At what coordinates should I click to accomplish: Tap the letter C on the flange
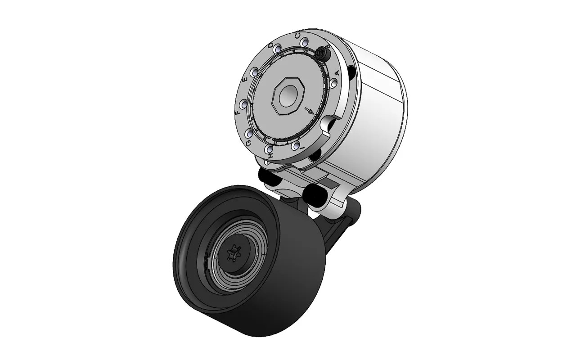click(298, 35)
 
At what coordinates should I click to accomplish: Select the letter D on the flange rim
click(271, 46)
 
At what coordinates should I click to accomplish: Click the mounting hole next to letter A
click(333, 84)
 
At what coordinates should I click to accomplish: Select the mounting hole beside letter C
click(305, 43)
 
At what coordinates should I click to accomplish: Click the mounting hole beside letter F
click(243, 104)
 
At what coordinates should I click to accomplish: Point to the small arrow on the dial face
click(309, 110)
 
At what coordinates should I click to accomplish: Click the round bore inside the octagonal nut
click(285, 95)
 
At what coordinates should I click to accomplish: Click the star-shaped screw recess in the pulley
click(235, 254)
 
